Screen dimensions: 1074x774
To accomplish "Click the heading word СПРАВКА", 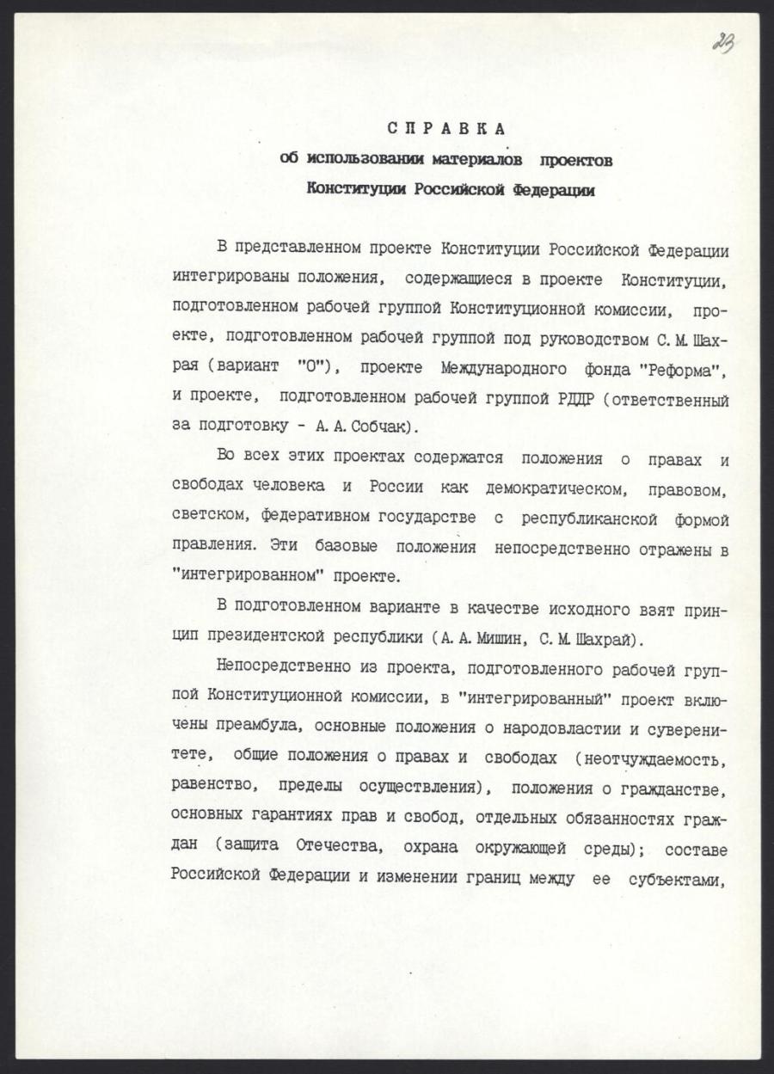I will [445, 130].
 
